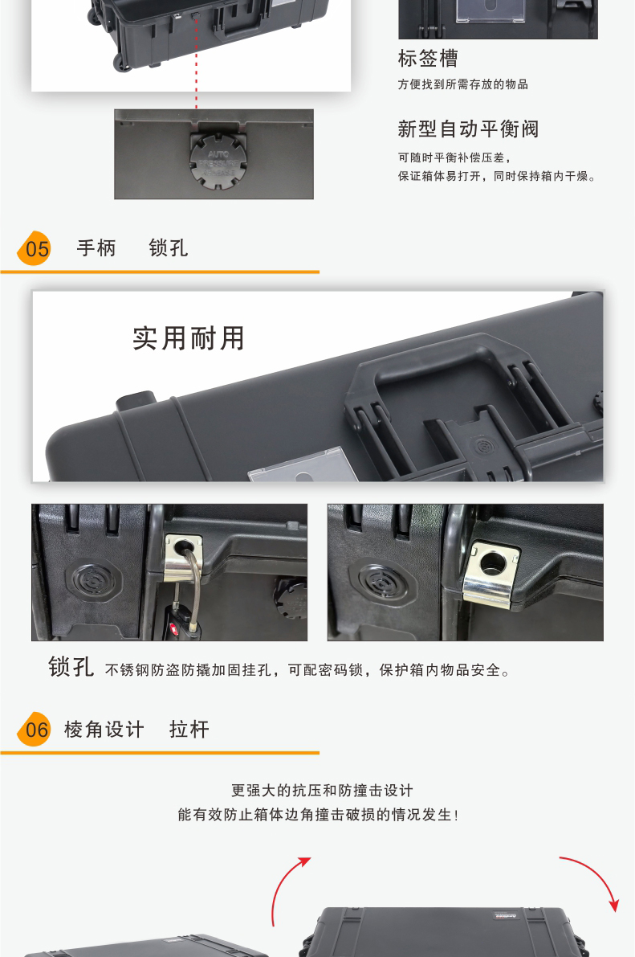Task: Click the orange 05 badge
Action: [35, 248]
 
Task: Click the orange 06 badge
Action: [35, 729]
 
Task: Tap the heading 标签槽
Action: [428, 59]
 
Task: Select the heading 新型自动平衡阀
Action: [468, 129]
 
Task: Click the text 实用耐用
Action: [189, 338]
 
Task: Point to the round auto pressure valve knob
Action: [218, 161]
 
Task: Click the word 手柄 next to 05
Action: [96, 247]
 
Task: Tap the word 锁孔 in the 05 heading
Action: [169, 247]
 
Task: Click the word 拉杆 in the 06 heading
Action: [189, 729]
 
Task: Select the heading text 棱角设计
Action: [104, 729]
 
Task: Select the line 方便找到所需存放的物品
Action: [463, 84]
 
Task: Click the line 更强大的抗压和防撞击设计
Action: [322, 791]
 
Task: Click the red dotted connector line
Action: [197, 62]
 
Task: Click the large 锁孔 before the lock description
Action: [71, 667]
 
